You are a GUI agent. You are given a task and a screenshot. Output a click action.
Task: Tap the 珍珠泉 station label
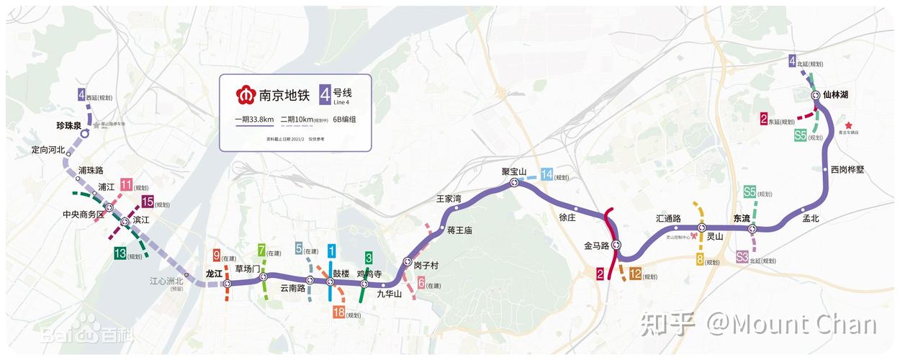(71, 125)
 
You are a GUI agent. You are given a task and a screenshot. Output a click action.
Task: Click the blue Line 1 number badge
(331, 251)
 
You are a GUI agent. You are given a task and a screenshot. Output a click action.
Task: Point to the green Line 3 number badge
(369, 257)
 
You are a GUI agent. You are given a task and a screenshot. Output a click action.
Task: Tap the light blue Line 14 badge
(547, 174)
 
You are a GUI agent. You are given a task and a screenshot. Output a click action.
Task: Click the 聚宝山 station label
(515, 172)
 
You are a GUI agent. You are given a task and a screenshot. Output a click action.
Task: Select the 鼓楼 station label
(341, 274)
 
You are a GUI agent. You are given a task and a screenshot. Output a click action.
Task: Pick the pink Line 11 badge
(126, 184)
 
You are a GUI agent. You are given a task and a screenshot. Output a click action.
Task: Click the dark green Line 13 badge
(120, 253)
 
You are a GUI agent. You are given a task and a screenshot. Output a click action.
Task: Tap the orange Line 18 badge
(338, 312)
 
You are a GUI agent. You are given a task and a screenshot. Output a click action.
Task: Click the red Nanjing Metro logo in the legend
(246, 95)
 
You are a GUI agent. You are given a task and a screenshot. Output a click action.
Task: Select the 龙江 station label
(215, 274)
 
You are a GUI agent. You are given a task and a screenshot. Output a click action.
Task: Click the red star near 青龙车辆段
(848, 125)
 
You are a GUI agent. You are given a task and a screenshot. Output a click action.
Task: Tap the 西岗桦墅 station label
(847, 170)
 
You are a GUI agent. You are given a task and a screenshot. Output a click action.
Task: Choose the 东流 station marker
(752, 229)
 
